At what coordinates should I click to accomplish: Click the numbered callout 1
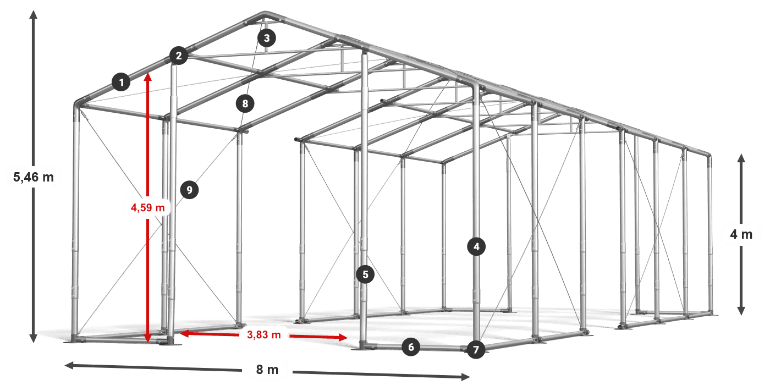coord(121,82)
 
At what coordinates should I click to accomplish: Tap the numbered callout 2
coord(178,55)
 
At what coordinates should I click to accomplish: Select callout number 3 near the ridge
coord(266,38)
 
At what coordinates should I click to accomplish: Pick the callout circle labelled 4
coord(476,247)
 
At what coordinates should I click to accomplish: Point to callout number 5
coord(365,273)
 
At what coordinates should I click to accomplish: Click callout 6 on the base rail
coord(411,346)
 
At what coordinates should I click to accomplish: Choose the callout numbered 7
coord(476,349)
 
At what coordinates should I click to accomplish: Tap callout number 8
coord(245,103)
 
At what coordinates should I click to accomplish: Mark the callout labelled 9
coord(189,190)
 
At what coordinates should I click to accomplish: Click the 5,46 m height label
coord(33,177)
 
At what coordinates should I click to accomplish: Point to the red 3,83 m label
coord(264,334)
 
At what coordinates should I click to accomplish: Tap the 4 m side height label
coord(741,235)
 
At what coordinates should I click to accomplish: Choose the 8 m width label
coord(267,369)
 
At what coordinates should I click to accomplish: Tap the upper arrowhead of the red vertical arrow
coord(147,76)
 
